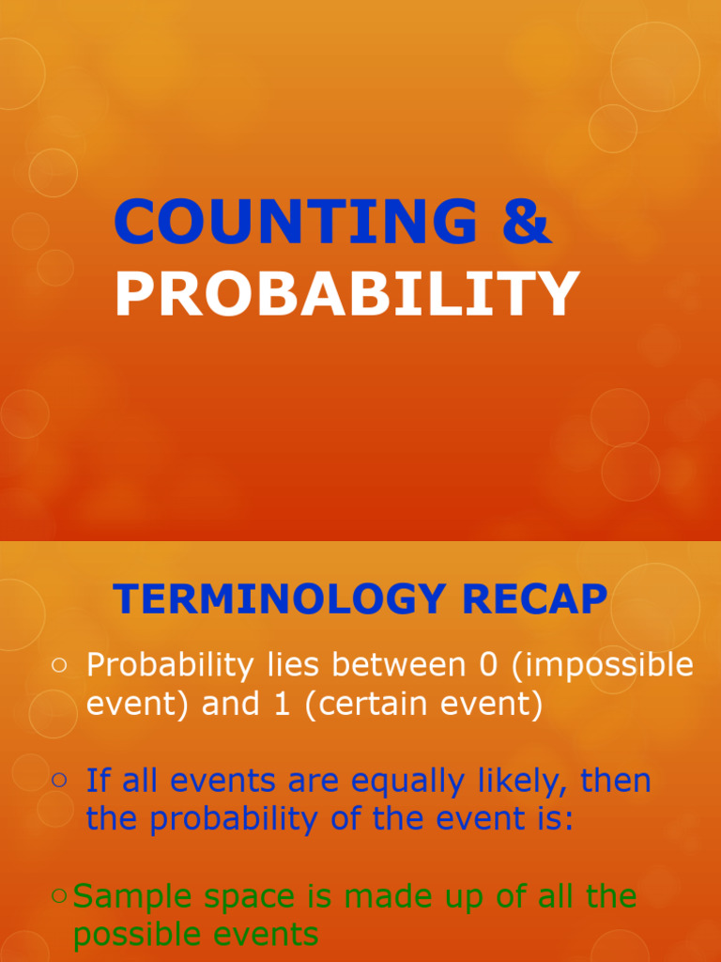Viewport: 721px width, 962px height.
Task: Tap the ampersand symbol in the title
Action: coord(526,223)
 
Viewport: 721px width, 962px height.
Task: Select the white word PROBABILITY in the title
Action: coord(346,293)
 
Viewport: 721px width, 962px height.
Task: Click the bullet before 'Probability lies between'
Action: coord(59,665)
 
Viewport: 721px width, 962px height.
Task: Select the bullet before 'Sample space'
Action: coord(59,896)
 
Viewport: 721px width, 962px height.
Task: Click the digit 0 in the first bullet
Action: coord(486,665)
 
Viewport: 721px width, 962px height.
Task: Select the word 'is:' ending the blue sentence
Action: coord(549,819)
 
